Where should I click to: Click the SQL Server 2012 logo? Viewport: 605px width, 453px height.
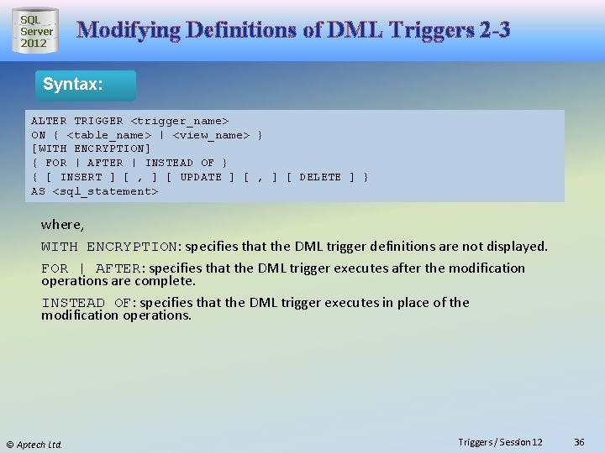(36, 31)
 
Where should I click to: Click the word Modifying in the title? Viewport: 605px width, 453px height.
(126, 31)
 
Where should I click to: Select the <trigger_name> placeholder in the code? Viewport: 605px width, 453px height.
(179, 121)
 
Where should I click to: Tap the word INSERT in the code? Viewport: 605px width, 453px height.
(81, 177)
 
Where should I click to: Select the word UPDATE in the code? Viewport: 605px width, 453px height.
(201, 177)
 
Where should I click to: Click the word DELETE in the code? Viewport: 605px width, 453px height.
(320, 177)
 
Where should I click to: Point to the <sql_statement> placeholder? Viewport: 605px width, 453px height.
(105, 191)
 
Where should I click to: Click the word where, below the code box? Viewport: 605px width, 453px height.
(63, 225)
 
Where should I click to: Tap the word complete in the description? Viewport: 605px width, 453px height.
(167, 281)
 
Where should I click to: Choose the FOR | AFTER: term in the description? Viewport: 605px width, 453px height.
(92, 268)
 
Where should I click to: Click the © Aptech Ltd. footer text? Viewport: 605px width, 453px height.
(34, 444)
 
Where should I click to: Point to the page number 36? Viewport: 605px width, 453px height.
(579, 442)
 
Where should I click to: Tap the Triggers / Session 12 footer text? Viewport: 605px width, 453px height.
(500, 442)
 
